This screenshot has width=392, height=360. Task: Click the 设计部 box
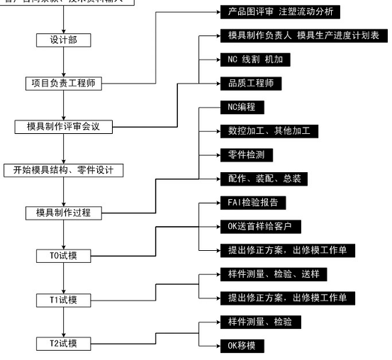pyautogui.click(x=65, y=40)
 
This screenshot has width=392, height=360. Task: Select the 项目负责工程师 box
pyautogui.click(x=64, y=83)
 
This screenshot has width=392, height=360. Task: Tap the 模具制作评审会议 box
pyautogui.click(x=64, y=126)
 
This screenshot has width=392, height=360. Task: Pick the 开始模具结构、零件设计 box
pyautogui.click(x=64, y=170)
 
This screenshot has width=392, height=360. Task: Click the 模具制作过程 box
pyautogui.click(x=64, y=213)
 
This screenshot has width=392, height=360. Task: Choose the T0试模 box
pyautogui.click(x=64, y=256)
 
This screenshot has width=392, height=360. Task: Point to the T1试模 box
pyautogui.click(x=64, y=300)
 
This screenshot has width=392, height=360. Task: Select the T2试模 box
pyautogui.click(x=64, y=344)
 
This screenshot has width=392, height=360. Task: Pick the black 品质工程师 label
pyautogui.click(x=252, y=84)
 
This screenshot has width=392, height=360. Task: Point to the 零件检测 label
pyautogui.click(x=246, y=154)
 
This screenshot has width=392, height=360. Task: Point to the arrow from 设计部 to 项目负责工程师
pyautogui.click(x=64, y=61)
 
